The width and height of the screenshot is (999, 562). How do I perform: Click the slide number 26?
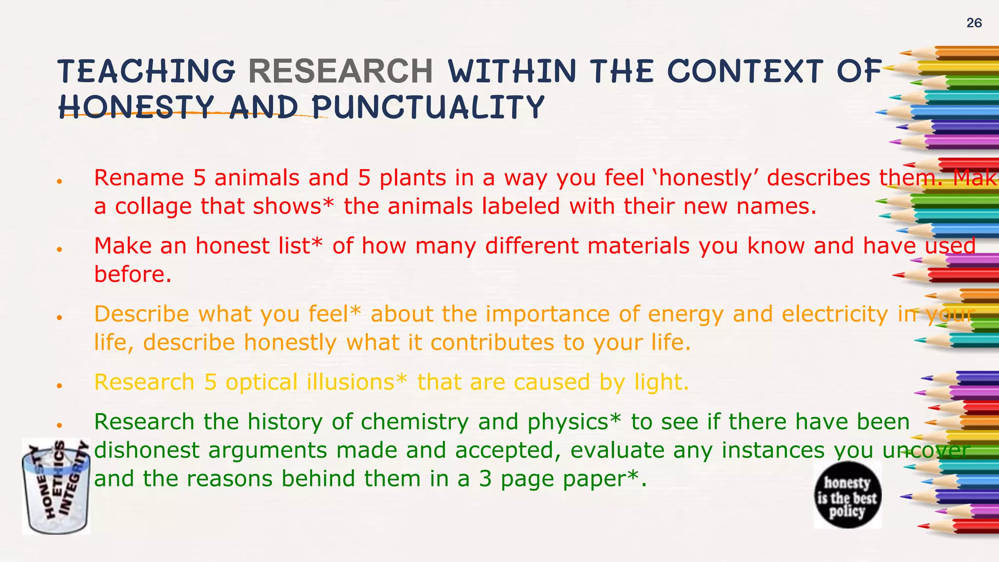pyautogui.click(x=974, y=23)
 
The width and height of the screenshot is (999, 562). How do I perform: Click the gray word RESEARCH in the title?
pyautogui.click(x=340, y=71)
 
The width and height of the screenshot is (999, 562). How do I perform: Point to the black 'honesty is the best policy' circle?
pyautogui.click(x=847, y=495)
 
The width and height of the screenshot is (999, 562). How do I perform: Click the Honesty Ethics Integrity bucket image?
pyautogui.click(x=56, y=486)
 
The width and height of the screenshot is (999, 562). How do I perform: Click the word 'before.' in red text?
pyautogui.click(x=133, y=274)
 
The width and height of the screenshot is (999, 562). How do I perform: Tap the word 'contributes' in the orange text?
pyautogui.click(x=492, y=342)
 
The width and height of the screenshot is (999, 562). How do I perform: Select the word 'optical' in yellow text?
pyautogui.click(x=261, y=382)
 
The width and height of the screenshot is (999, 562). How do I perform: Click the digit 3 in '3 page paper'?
pyautogui.click(x=485, y=479)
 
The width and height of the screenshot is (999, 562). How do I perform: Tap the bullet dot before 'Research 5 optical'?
pyautogui.click(x=59, y=386)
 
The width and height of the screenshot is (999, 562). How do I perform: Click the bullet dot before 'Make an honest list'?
pyautogui.click(x=59, y=250)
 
